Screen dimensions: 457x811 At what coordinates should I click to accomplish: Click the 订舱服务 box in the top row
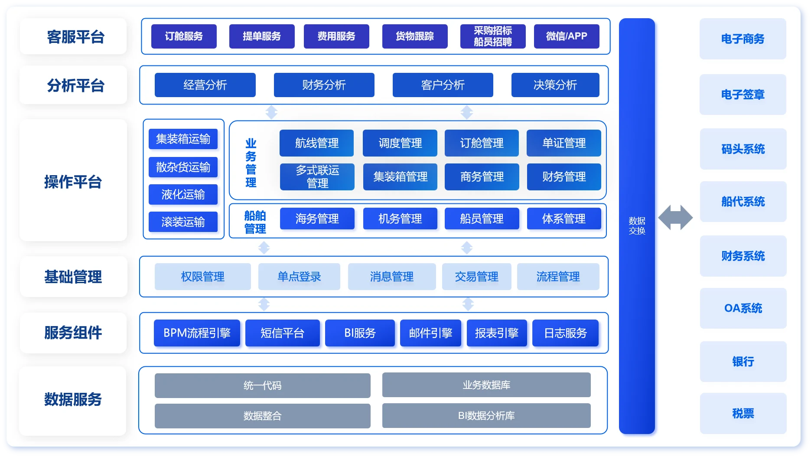click(184, 36)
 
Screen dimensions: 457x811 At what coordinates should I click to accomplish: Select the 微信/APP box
click(567, 36)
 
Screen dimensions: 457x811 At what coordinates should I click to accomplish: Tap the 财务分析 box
click(324, 85)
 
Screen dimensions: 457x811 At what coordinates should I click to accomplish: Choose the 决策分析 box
click(555, 85)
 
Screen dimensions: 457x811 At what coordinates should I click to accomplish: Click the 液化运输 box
click(183, 195)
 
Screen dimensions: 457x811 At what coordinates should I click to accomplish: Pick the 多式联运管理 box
click(317, 176)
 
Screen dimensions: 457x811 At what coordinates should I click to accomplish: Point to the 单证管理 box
click(564, 143)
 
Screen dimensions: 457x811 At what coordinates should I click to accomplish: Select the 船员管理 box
click(482, 219)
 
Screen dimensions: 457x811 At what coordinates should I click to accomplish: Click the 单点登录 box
click(299, 277)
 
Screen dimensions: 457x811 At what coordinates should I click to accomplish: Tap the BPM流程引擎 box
click(197, 333)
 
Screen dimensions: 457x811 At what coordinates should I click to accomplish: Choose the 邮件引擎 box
click(430, 333)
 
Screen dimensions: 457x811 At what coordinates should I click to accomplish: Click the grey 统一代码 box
click(262, 385)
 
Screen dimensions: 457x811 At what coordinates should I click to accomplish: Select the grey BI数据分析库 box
click(486, 415)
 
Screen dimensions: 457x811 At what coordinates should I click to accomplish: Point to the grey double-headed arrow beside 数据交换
click(675, 218)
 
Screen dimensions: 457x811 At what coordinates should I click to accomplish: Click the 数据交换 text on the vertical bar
click(637, 226)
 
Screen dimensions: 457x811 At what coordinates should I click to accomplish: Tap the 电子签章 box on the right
click(743, 95)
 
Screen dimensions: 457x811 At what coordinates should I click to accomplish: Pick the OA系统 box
click(743, 308)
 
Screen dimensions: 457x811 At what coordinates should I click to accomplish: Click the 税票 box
click(743, 414)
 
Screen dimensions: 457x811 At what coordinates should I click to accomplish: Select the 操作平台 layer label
click(73, 182)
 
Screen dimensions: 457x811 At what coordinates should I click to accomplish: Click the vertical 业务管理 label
click(251, 163)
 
